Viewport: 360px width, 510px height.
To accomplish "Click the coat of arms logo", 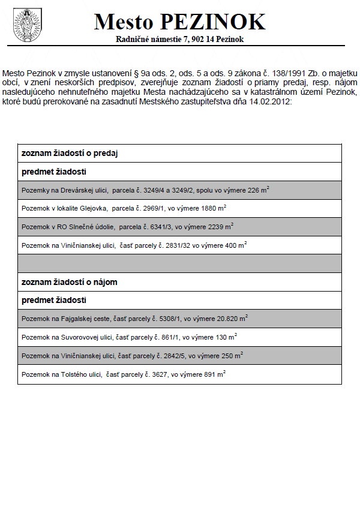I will pos(25,25).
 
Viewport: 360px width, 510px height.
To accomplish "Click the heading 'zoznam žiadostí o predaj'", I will pos(69,153).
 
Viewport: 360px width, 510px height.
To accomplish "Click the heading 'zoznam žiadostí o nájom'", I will pos(69,282).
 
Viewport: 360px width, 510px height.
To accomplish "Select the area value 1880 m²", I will pos(213,208).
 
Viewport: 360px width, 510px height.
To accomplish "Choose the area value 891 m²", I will pos(215,374).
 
